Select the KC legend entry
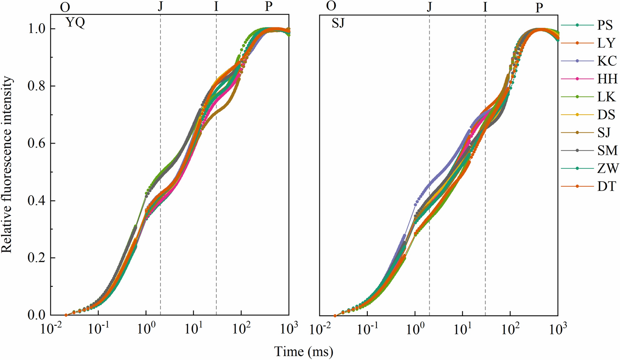pyautogui.click(x=607, y=61)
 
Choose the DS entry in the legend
pyautogui.click(x=606, y=115)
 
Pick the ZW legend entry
pyautogui.click(x=608, y=168)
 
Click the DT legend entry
pyautogui.click(x=606, y=186)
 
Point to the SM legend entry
pyautogui.click(x=607, y=150)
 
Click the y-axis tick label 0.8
pyautogui.click(x=36, y=86)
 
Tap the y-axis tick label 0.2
pyautogui.click(x=36, y=258)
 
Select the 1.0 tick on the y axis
pyautogui.click(x=36, y=29)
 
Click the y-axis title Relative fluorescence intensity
pyautogui.click(x=7, y=165)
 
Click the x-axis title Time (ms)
pyautogui.click(x=304, y=352)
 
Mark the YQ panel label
pyautogui.click(x=75, y=23)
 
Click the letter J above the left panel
pyautogui.click(x=160, y=7)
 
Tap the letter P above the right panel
pyautogui.click(x=539, y=7)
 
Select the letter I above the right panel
pyautogui.click(x=485, y=7)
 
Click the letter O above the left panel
pyautogui.click(x=65, y=7)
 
